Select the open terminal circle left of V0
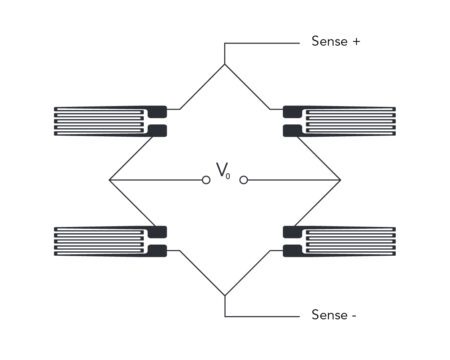click(x=206, y=180)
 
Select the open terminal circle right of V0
click(x=243, y=180)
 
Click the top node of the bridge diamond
click(x=225, y=65)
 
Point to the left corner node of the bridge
click(x=109, y=180)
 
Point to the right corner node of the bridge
click(x=341, y=180)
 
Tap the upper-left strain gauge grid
click(x=100, y=120)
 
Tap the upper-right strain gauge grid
click(x=350, y=120)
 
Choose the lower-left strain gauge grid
click(x=100, y=241)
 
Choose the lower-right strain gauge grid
click(x=350, y=241)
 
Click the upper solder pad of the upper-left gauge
click(x=157, y=111)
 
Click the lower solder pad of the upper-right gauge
click(x=292, y=130)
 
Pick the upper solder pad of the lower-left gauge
click(x=157, y=232)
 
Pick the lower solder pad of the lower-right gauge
click(x=292, y=250)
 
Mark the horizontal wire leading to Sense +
click(x=262, y=43)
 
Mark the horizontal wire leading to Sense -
click(x=262, y=316)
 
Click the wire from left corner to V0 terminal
click(x=155, y=180)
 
